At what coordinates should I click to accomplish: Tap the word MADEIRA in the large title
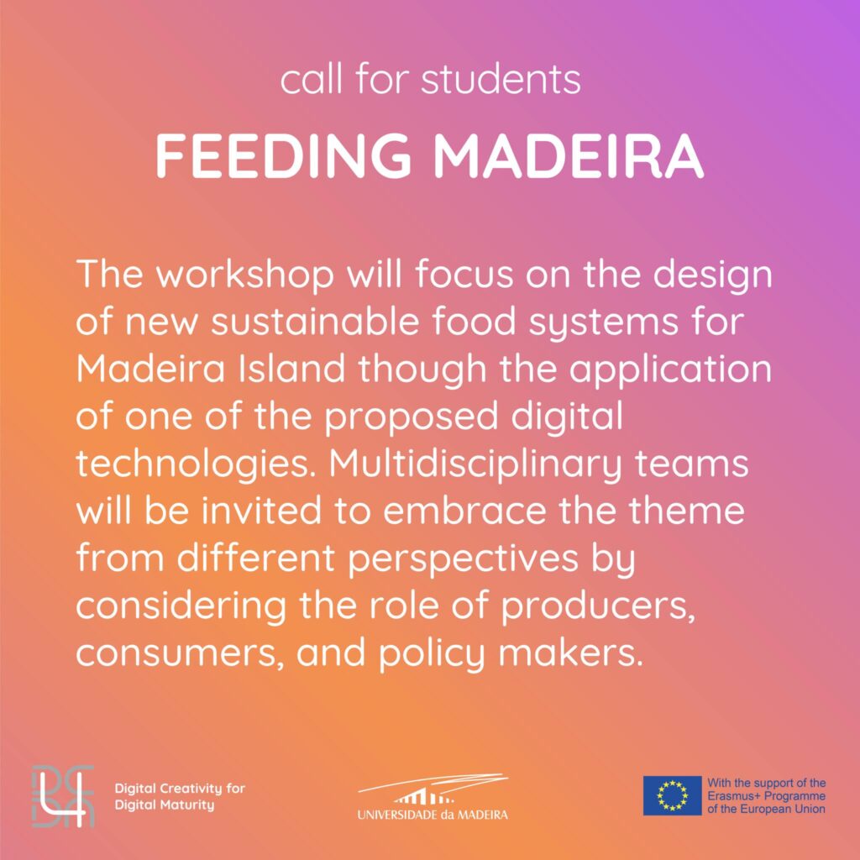569,155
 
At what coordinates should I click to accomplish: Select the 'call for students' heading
430,80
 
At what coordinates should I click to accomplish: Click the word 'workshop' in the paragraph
245,275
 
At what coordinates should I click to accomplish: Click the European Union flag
672,795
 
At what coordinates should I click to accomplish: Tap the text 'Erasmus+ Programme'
766,796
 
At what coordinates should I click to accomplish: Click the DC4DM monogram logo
63,796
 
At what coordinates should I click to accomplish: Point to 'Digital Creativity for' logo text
180,789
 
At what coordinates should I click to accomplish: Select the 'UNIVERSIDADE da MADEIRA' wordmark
433,815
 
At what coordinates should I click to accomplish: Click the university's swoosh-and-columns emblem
433,789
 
